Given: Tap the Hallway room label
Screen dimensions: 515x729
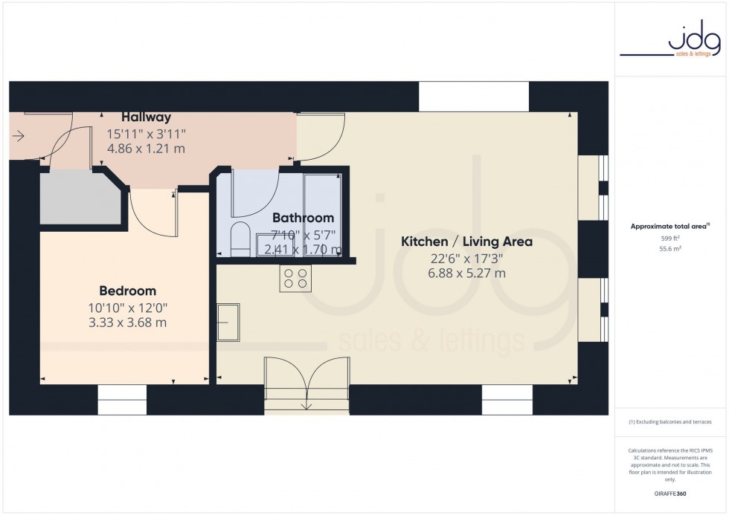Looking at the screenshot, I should [x=147, y=117].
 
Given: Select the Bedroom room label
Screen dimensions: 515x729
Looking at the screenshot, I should [x=128, y=291].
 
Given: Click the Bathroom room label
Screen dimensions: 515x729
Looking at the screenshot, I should [x=303, y=218].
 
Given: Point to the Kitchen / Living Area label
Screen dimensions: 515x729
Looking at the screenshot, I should [x=466, y=242].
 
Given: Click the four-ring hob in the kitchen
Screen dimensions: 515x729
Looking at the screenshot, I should [x=295, y=278].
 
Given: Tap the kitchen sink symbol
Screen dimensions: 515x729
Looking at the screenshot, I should [x=228, y=322].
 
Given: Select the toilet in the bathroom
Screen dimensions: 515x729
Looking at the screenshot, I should [x=240, y=239].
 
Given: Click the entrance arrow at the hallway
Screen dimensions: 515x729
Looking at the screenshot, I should [x=19, y=136].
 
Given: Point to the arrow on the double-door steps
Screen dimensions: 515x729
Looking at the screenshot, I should [x=306, y=405].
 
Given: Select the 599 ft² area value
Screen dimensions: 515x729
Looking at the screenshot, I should [x=671, y=238].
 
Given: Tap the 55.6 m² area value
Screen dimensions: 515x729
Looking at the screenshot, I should [x=671, y=249].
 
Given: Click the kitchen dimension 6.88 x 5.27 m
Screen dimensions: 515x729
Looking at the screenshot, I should [x=466, y=273].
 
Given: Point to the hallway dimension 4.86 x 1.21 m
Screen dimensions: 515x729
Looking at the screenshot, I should [x=147, y=149].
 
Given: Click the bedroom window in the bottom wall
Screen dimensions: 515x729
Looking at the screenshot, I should [x=123, y=400].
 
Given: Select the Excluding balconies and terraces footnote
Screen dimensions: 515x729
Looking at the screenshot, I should [x=670, y=422].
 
